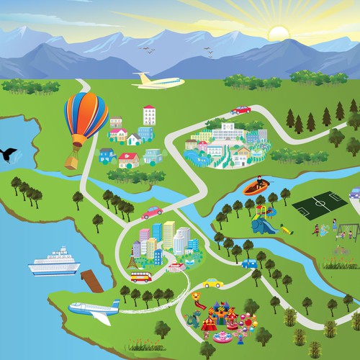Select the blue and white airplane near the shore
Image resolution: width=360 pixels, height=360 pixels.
pos(94,310)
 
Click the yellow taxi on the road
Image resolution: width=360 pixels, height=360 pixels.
pos(211,283)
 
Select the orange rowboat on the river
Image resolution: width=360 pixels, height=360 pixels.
pos(258,188)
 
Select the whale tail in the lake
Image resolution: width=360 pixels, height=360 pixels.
pos(8,153)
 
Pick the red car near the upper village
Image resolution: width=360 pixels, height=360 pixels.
pos(241,109)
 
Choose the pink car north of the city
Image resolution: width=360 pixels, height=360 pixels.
pos(151,212)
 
